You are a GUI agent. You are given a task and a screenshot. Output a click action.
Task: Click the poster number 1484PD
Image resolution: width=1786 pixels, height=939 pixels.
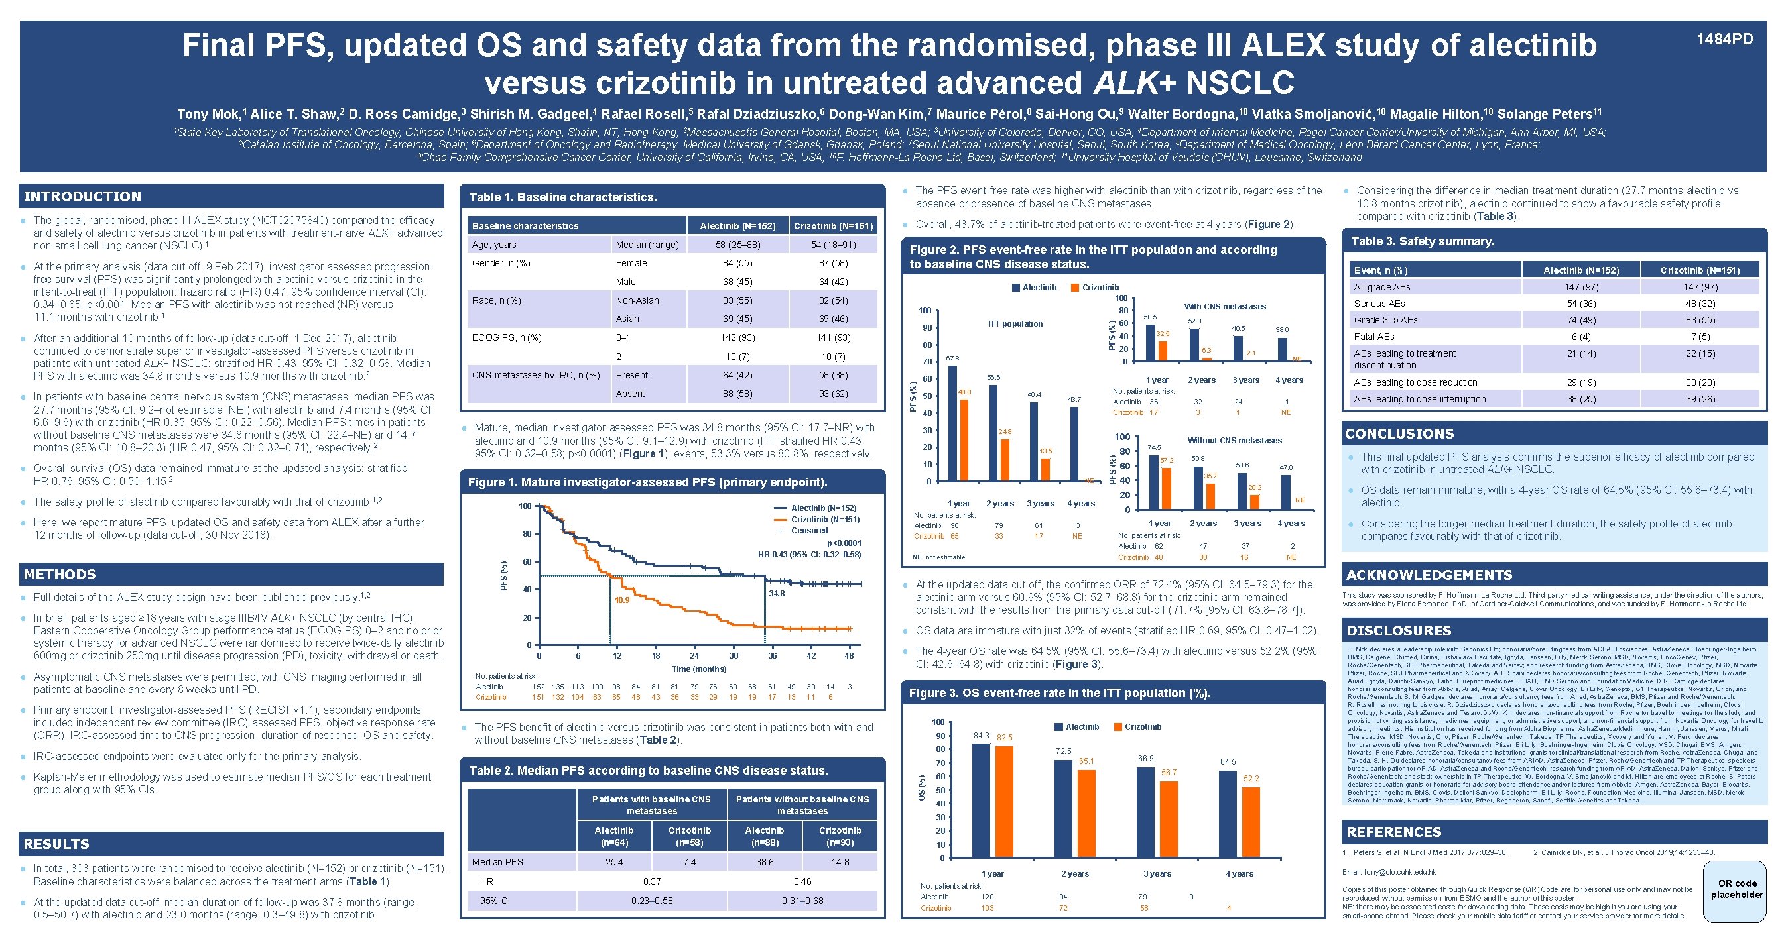(1724, 40)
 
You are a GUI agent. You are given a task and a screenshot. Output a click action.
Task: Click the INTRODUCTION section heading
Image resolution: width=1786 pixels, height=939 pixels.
(82, 197)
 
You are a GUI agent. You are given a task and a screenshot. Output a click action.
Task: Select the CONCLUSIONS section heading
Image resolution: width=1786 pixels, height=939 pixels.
(1399, 434)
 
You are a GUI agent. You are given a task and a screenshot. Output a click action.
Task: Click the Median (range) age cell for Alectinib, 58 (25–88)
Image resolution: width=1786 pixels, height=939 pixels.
(737, 245)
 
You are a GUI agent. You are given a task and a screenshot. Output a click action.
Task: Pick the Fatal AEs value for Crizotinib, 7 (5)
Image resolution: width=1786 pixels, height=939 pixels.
(1700, 337)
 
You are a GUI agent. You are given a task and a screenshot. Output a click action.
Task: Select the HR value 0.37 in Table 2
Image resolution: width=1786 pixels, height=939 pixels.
(652, 881)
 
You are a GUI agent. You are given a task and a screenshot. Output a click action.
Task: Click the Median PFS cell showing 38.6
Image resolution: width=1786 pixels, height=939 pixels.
(764, 862)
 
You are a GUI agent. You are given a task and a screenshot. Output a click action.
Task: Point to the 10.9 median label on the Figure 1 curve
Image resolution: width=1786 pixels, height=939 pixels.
(621, 600)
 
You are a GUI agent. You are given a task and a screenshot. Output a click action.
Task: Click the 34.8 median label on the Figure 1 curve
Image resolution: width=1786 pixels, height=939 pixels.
(777, 593)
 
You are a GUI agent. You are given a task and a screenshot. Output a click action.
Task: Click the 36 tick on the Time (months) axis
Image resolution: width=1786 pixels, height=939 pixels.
(772, 655)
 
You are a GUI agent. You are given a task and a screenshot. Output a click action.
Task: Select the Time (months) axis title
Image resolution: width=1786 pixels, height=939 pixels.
(699, 669)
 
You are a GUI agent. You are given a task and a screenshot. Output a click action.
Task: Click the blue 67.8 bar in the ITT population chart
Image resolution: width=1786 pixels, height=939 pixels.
(952, 423)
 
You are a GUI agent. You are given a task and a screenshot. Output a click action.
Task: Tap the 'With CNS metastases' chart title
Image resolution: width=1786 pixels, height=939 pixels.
(1224, 306)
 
